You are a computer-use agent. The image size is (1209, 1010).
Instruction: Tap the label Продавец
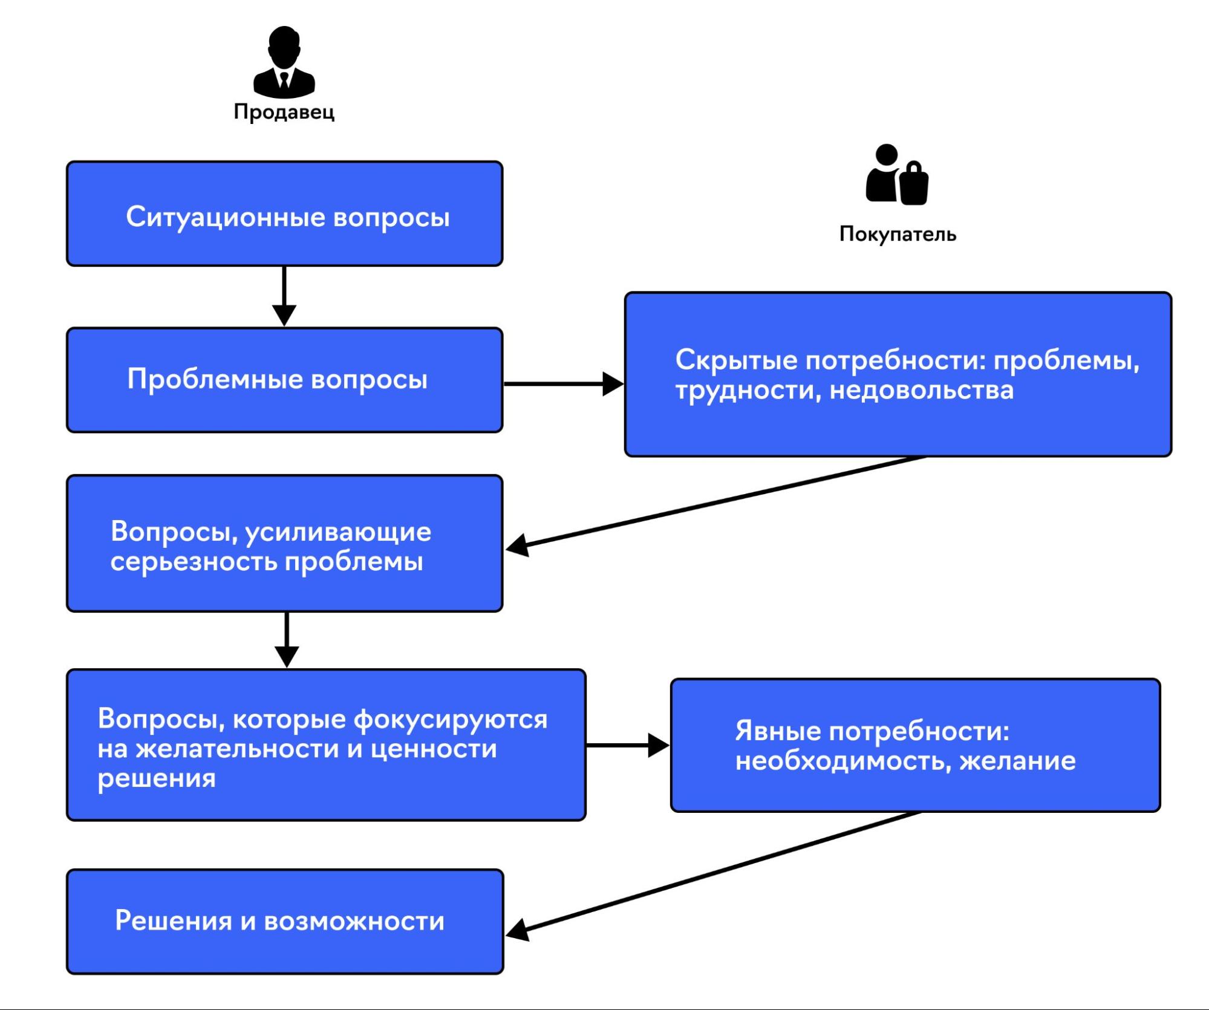(x=284, y=112)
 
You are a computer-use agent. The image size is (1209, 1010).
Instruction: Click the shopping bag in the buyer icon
(x=913, y=184)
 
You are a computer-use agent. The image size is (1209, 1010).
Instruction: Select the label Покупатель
(x=898, y=234)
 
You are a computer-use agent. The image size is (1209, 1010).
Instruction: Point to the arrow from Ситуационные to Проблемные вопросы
(x=284, y=296)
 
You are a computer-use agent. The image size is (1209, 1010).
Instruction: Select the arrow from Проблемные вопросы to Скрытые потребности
(x=562, y=383)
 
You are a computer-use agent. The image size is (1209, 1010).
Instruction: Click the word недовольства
(x=921, y=390)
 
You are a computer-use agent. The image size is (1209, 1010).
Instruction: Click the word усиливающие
(x=338, y=532)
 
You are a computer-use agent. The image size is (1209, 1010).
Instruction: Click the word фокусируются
(x=450, y=720)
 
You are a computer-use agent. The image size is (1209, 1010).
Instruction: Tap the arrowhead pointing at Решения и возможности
(x=518, y=930)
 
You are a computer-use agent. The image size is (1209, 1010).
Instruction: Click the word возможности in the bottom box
(x=354, y=921)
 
